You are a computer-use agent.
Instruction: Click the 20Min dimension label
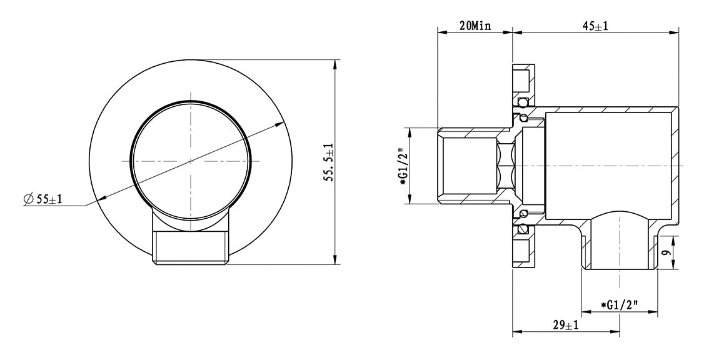[x=475, y=26]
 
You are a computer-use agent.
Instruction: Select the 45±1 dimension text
[x=595, y=26]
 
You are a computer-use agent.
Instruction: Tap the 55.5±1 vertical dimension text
[x=329, y=162]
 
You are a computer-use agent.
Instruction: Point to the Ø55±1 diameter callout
[x=43, y=199]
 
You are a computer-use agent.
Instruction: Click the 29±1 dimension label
[x=566, y=326]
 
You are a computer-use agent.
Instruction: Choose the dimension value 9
[x=667, y=252]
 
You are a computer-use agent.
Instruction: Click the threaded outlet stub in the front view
[x=190, y=248]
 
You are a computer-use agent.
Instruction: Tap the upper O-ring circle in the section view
[x=521, y=101]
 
